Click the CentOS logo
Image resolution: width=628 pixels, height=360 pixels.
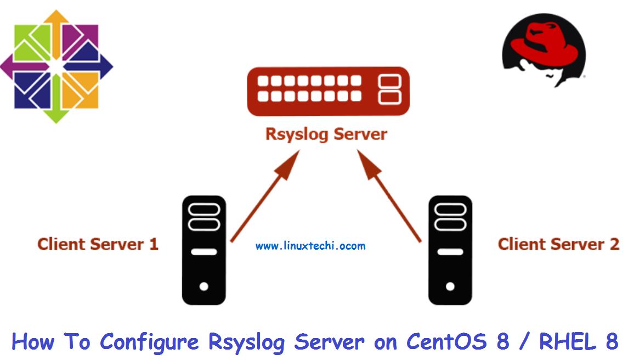(56, 66)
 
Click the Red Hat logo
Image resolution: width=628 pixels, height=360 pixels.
(543, 49)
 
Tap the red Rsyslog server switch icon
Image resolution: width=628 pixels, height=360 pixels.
(328, 91)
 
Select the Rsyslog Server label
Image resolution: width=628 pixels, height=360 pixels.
(326, 134)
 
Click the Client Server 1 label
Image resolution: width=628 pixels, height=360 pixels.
(98, 244)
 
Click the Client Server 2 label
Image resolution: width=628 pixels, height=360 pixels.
(558, 244)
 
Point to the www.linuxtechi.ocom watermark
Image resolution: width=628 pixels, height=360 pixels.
(310, 246)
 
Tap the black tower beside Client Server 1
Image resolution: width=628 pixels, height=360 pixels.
(204, 250)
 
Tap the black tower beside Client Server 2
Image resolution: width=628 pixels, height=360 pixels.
(450, 250)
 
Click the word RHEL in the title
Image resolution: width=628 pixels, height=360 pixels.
(567, 342)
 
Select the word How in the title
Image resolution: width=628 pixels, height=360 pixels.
(33, 342)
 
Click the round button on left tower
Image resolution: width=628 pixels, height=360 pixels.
(204, 286)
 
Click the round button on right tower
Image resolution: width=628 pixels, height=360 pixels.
(450, 286)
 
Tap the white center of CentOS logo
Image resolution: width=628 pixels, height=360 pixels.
(56, 66)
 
